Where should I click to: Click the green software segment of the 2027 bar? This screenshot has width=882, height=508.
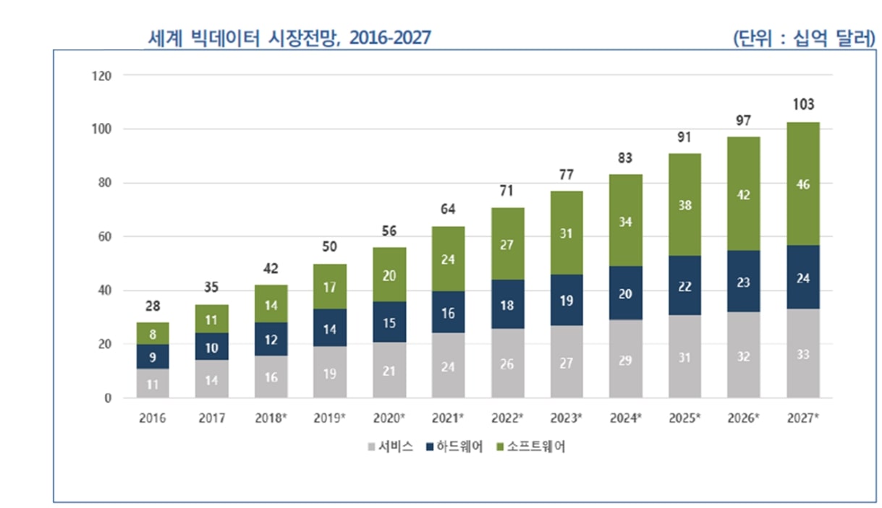803,184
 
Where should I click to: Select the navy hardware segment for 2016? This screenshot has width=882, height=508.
153,356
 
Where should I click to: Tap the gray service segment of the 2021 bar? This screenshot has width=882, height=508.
448,365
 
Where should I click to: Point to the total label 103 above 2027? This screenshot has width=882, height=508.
803,105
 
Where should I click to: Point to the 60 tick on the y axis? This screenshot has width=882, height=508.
105,237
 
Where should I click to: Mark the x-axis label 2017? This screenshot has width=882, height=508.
212,418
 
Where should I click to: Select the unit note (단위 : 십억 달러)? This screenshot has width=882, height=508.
803,38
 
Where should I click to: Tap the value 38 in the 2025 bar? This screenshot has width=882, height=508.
684,205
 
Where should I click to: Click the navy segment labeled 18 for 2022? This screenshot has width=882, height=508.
507,305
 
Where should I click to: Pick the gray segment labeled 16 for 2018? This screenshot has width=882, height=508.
271,376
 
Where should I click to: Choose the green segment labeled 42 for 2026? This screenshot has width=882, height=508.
744,194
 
